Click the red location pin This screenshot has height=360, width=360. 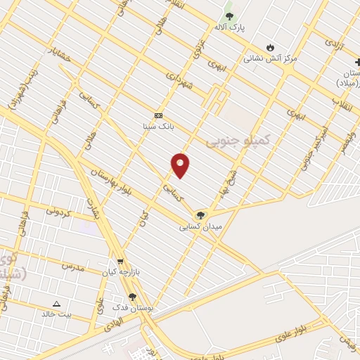(181, 165)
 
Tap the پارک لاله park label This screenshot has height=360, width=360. (229, 27)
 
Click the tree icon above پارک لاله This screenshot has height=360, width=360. (229, 16)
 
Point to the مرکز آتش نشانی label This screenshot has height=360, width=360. (271, 59)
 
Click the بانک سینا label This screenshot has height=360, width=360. (158, 127)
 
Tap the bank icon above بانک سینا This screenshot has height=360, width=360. (158, 116)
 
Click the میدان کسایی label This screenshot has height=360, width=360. (202, 226)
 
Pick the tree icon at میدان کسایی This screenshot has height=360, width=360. (202, 215)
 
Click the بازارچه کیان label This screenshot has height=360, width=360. (117, 271)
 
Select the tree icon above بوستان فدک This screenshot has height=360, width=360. (132, 297)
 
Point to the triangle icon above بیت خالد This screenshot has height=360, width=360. (56, 304)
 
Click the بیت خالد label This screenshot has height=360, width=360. (56, 314)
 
